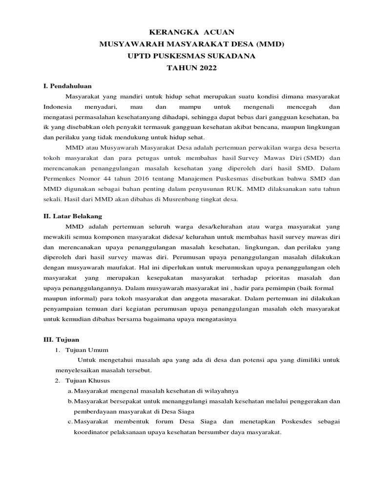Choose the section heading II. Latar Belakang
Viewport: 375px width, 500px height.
pos(73,216)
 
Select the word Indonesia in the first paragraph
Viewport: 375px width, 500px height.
pos(58,107)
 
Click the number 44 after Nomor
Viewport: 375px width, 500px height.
pos(109,178)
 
